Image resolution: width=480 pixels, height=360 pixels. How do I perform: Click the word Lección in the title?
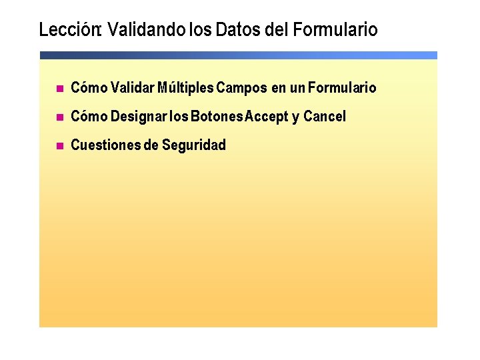click(69, 30)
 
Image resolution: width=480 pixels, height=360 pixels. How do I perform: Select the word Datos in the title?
click(237, 30)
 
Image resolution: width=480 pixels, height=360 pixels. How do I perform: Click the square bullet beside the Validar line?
click(59, 89)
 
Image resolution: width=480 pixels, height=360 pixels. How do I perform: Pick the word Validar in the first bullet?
click(133, 88)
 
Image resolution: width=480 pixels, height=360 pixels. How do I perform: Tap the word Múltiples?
click(186, 88)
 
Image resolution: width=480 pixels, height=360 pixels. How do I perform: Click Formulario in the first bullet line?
click(343, 88)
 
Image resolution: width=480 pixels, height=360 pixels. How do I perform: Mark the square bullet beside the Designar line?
click(59, 117)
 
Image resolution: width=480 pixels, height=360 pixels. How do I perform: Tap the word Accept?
click(266, 117)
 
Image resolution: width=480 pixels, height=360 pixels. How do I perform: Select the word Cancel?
click(325, 117)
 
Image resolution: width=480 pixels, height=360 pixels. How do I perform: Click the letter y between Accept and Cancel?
click(295, 118)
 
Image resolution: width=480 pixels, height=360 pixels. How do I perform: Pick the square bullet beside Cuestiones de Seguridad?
click(59, 146)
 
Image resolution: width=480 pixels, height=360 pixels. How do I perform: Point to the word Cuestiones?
click(105, 145)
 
